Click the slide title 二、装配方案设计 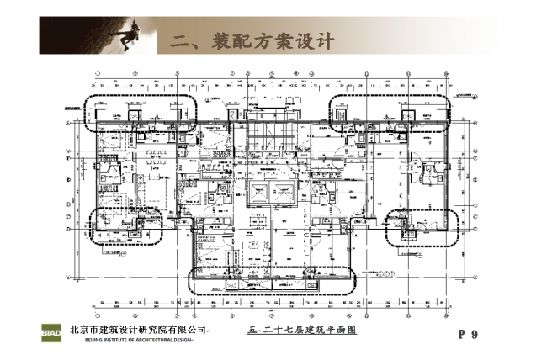252,40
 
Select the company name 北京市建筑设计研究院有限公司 139,329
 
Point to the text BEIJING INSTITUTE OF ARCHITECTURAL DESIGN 138,340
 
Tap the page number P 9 468,335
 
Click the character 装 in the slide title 217,40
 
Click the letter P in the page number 462,335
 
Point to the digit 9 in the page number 475,335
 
